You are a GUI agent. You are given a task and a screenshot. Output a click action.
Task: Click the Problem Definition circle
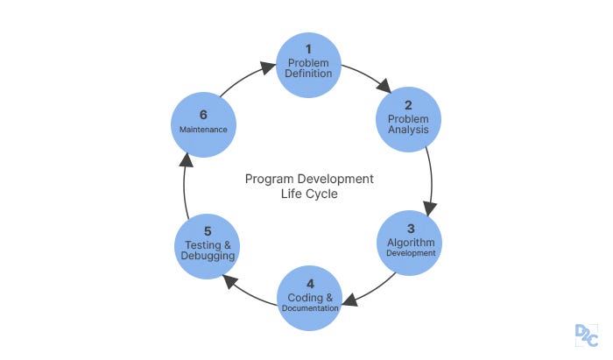(x=308, y=65)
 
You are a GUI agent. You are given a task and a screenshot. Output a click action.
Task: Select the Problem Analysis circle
(x=409, y=119)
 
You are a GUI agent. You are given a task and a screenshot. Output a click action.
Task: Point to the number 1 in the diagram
(x=308, y=48)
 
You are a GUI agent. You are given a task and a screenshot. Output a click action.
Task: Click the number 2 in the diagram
(x=408, y=105)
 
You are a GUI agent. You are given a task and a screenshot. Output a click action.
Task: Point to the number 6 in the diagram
(x=202, y=114)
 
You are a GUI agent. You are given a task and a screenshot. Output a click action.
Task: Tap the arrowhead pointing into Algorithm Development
(x=429, y=208)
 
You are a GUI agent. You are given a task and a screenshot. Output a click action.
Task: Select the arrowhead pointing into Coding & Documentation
(x=349, y=300)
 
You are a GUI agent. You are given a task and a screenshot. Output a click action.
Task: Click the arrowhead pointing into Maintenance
(x=185, y=160)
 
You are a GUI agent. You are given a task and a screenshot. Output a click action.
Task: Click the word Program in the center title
(x=266, y=179)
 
